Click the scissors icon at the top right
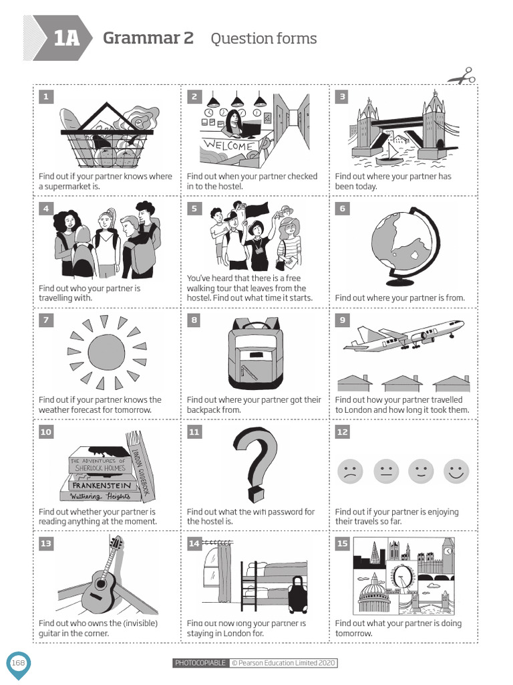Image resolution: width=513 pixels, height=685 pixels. pyautogui.click(x=462, y=76)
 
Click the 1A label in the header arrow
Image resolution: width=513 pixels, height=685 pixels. pyautogui.click(x=65, y=39)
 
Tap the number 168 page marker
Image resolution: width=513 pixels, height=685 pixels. pyautogui.click(x=18, y=662)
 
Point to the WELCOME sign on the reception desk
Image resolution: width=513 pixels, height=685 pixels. pyautogui.click(x=228, y=145)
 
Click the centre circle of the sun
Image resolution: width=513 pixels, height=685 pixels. pyautogui.click(x=106, y=352)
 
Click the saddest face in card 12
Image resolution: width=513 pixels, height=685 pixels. pyautogui.click(x=349, y=472)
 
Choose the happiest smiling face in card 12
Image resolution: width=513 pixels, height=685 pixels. pyautogui.click(x=456, y=472)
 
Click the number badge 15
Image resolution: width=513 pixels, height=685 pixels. pyautogui.click(x=342, y=543)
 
